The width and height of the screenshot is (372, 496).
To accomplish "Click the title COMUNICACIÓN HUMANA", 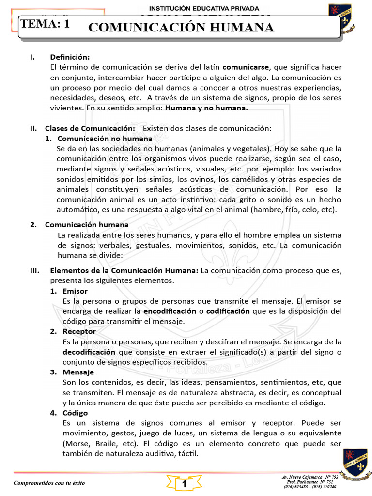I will tap(182, 28).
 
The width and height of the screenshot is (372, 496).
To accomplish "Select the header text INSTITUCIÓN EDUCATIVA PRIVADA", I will tap(203, 8).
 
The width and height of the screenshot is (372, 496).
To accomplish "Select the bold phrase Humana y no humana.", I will tap(206, 108).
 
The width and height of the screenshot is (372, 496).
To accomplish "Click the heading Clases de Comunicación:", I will tap(90, 128).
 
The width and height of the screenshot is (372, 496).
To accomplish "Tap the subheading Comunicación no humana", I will tap(98, 139).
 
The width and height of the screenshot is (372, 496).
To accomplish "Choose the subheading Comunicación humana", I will tap(87, 225).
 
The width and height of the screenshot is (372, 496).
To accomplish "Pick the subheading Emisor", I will tap(75, 291).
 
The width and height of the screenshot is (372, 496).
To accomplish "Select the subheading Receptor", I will tap(79, 332).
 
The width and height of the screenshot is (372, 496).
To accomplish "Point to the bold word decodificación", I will tap(89, 352).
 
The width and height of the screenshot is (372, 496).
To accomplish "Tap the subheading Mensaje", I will tap(78, 372).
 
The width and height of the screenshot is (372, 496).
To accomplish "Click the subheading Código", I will tap(75, 413).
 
